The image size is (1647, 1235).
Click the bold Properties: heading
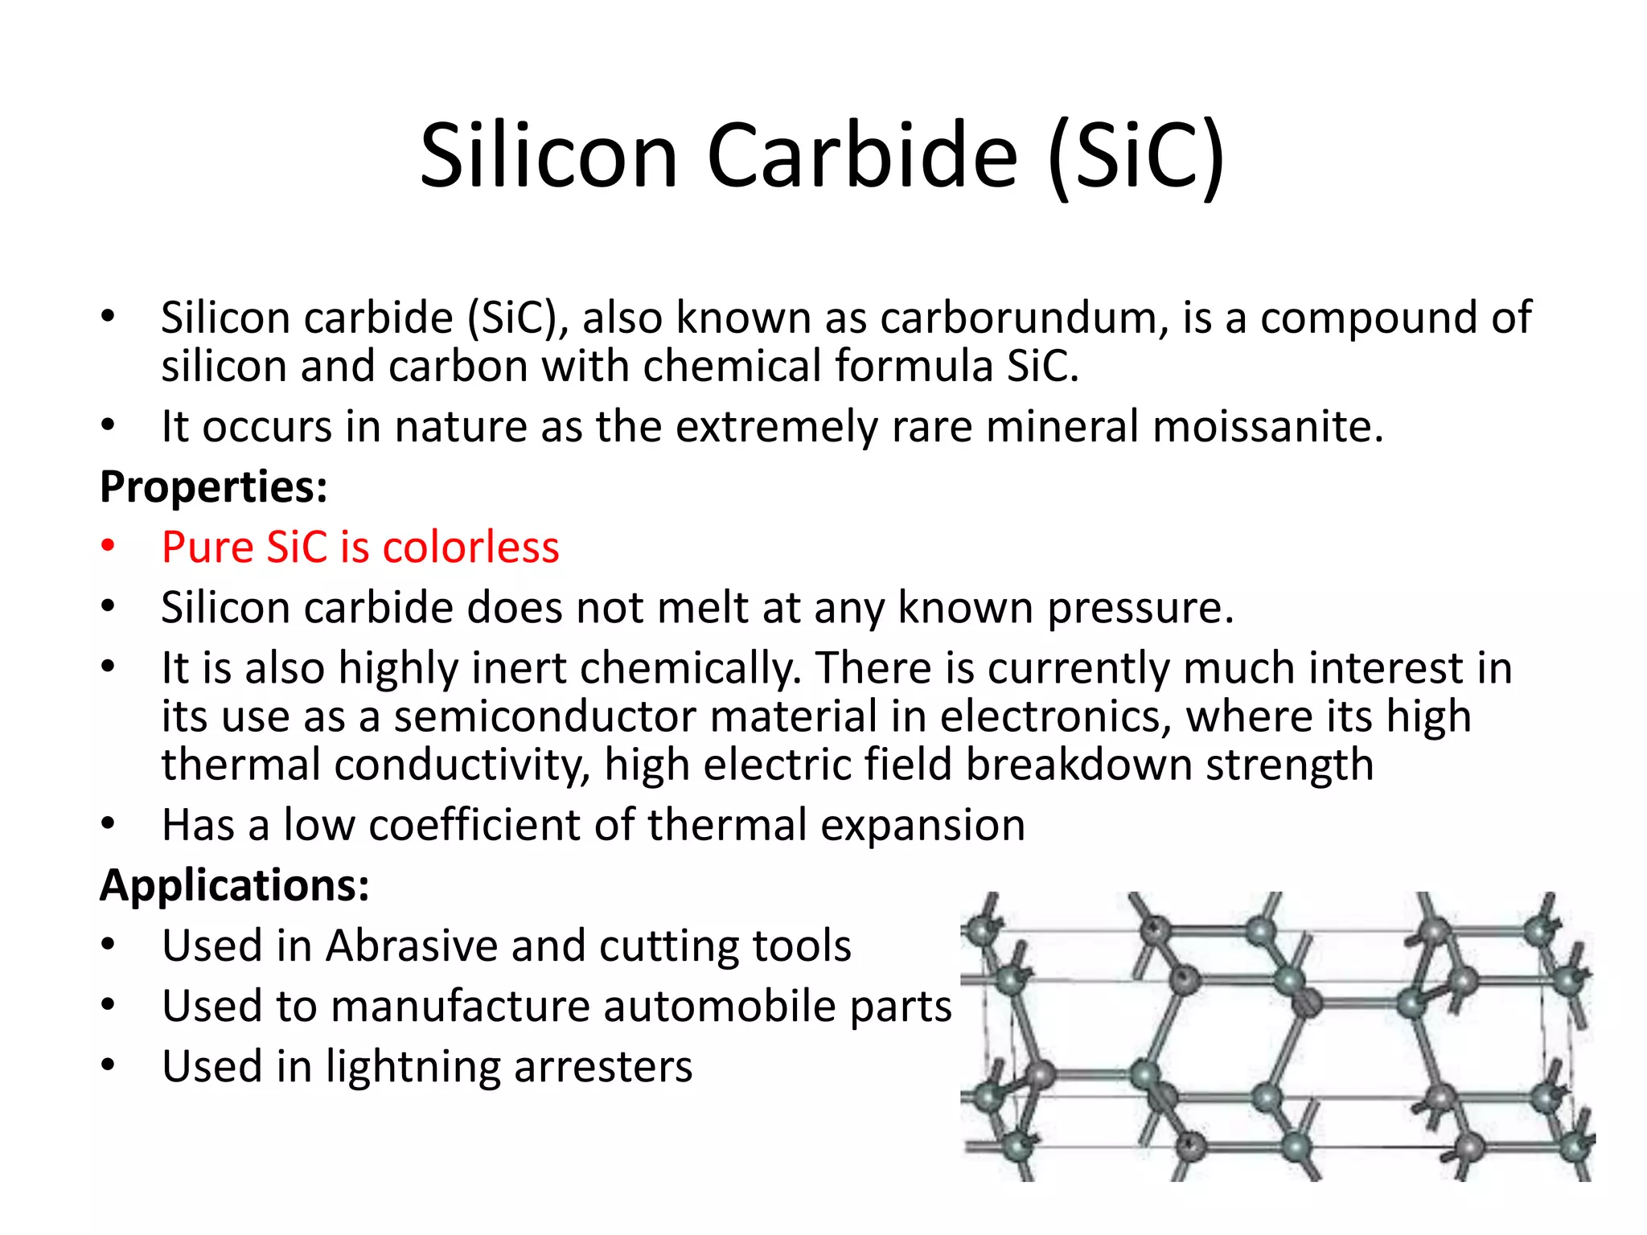(x=214, y=487)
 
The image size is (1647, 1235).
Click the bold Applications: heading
(x=235, y=886)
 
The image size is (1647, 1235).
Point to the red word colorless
(x=470, y=548)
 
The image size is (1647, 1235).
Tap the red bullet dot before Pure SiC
(x=109, y=547)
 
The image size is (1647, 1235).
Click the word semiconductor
(x=545, y=717)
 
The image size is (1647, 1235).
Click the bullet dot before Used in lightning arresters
(x=109, y=1066)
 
